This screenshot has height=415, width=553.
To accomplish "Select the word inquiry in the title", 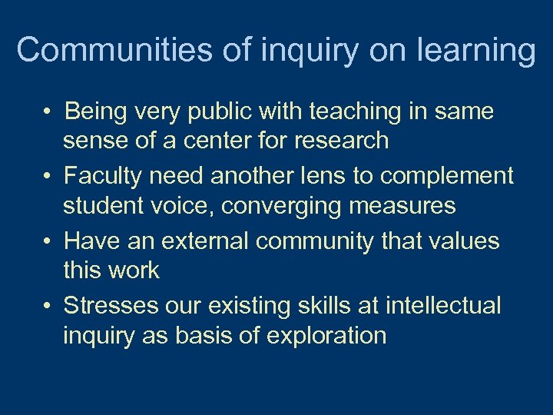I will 309,51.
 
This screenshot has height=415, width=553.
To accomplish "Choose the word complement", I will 447,176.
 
